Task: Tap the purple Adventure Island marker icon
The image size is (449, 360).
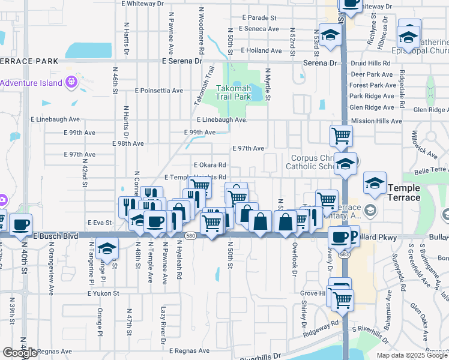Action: pyautogui.click(x=71, y=80)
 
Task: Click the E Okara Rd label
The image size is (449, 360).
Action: pyautogui.click(x=209, y=165)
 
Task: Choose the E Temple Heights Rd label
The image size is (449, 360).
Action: pyautogui.click(x=194, y=178)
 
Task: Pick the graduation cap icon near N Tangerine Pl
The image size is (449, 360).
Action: pyautogui.click(x=106, y=248)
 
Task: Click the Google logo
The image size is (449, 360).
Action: pyautogui.click(x=20, y=353)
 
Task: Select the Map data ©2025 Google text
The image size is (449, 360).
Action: pyautogui.click(x=411, y=355)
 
